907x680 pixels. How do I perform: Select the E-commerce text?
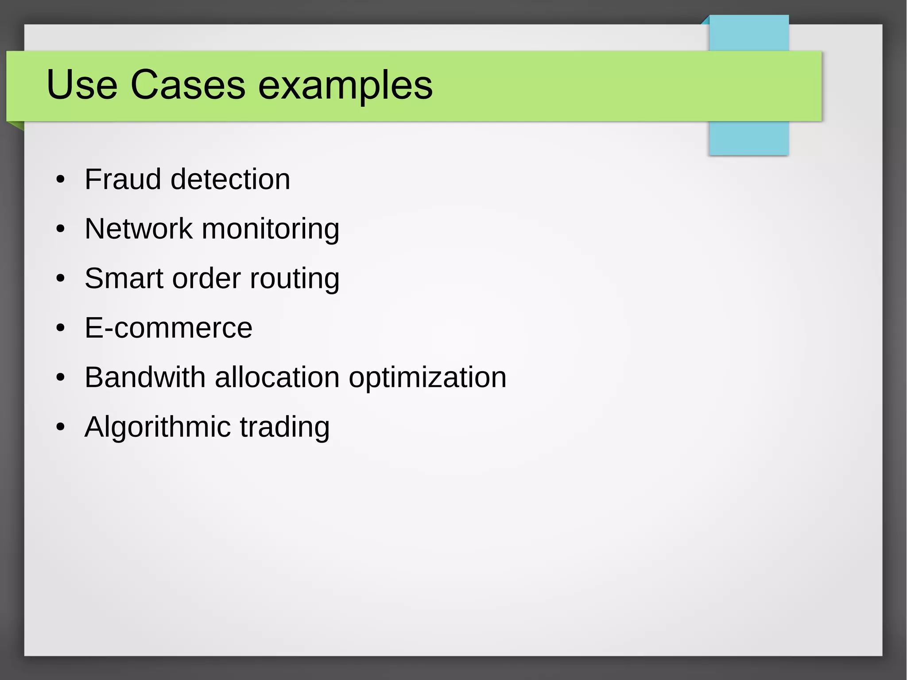pyautogui.click(x=168, y=328)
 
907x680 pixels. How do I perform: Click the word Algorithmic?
pyautogui.click(x=158, y=428)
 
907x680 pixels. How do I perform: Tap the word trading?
pyautogui.click(x=285, y=428)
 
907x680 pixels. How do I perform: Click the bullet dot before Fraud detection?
pyautogui.click(x=61, y=180)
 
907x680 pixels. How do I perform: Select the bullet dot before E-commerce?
pyautogui.click(x=61, y=328)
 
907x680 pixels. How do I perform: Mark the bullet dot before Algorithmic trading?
pyautogui.click(x=61, y=427)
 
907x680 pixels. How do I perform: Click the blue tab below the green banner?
pyautogui.click(x=748, y=138)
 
